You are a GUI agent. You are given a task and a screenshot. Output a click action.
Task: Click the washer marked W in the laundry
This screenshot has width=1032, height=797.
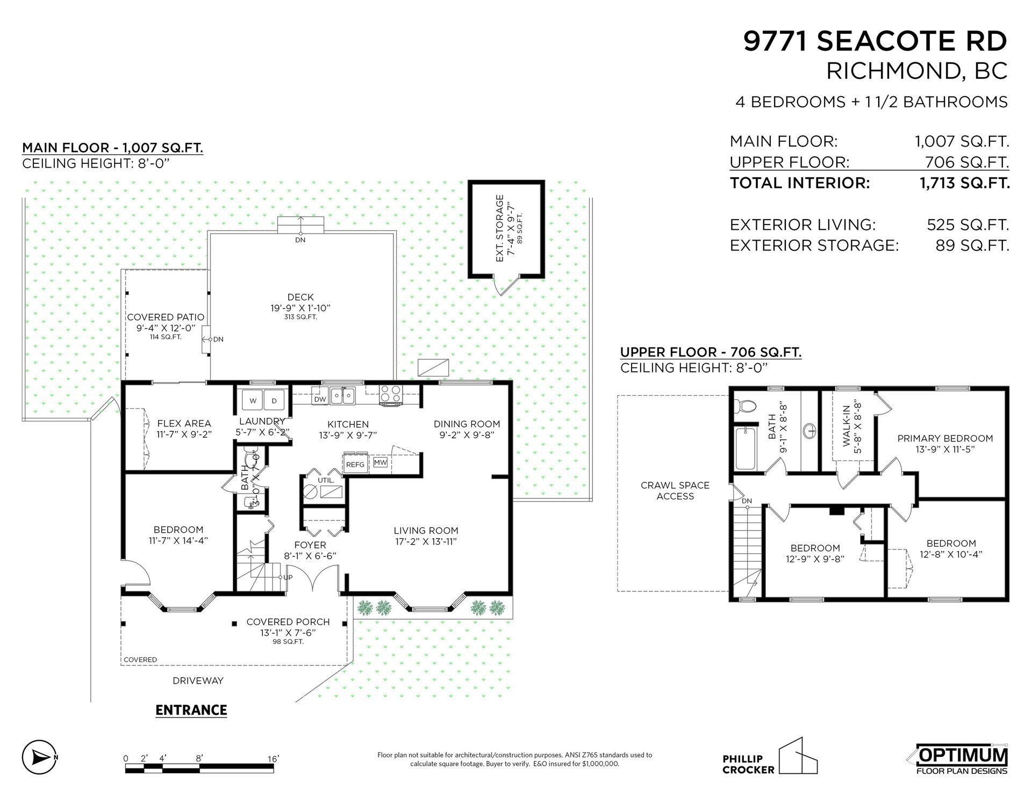(253, 400)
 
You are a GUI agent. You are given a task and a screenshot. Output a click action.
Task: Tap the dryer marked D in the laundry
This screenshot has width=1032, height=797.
(274, 400)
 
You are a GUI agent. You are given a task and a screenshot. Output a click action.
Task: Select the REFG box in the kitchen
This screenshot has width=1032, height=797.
(355, 464)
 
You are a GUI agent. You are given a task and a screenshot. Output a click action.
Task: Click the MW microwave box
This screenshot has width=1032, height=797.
(381, 462)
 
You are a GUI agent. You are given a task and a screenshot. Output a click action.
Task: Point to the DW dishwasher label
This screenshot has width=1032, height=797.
(320, 399)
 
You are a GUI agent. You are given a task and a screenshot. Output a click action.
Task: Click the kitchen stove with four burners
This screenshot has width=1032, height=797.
(391, 394)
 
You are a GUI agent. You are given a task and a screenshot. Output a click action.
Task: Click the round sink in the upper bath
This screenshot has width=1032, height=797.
(809, 430)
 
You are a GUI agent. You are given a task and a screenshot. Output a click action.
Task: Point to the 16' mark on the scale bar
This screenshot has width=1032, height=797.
(273, 759)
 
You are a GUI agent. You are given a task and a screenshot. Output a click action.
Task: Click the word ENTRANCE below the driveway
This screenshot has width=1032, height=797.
(191, 710)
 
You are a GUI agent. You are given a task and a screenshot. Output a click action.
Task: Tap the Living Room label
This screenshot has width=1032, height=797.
(426, 531)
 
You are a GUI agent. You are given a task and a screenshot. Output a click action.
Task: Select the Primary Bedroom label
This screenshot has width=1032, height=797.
(945, 438)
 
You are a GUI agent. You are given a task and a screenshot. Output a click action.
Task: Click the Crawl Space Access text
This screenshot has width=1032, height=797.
(675, 490)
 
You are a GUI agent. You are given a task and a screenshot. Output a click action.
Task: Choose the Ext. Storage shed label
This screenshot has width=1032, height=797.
(500, 228)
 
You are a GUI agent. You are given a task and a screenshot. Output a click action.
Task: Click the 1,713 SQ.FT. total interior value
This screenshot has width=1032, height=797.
(964, 183)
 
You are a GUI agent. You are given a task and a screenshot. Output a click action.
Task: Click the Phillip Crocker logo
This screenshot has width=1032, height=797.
(770, 756)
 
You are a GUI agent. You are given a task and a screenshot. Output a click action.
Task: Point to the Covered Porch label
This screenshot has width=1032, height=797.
(288, 622)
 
